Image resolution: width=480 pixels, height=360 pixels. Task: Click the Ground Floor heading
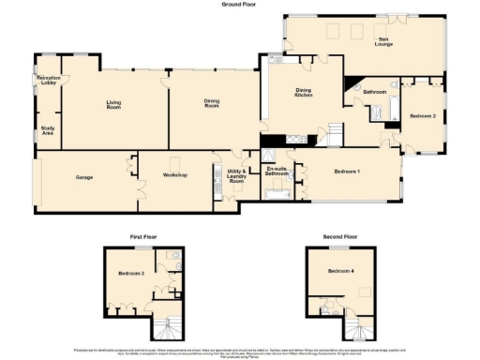coord(239,4)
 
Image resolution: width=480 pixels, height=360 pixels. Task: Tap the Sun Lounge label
coord(383,42)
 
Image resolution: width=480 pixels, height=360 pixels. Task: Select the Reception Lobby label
coord(47,82)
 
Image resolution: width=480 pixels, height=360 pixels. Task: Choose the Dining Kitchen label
coord(304,93)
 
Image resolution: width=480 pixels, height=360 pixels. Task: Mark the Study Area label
coord(46,130)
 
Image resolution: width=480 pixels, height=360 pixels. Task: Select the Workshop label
coord(175,175)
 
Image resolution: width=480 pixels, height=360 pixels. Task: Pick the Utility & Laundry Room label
coord(236,175)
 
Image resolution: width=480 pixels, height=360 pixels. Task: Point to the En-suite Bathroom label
coord(277,172)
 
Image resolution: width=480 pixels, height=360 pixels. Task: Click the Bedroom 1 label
coord(348,171)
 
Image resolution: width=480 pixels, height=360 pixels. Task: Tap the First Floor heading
coord(143,237)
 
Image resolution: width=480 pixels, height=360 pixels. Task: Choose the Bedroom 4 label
coord(340,271)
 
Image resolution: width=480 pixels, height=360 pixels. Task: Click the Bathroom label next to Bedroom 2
coord(375,92)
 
